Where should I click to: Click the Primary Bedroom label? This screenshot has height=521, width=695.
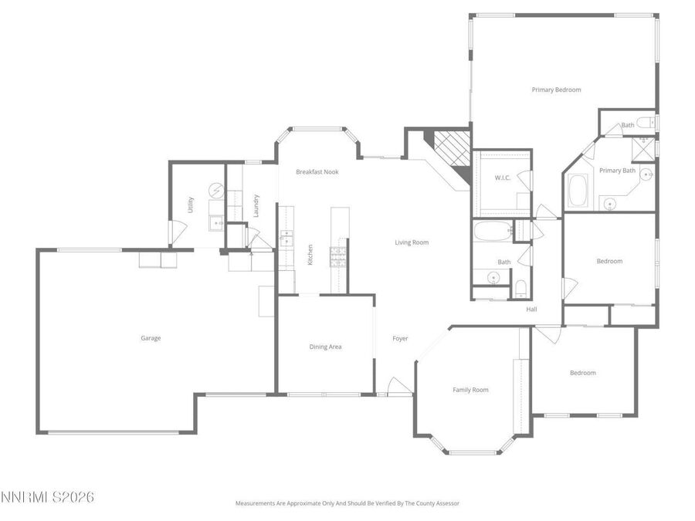point(556,90)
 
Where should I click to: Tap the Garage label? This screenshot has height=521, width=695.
point(151,338)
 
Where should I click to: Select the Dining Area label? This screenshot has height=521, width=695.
point(325,347)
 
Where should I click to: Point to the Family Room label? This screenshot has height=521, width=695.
point(470,390)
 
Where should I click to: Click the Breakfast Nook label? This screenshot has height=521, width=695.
point(317,172)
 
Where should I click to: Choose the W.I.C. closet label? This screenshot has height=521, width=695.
point(503,178)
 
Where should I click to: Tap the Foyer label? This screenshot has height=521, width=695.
point(400,339)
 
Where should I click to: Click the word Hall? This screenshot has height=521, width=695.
point(531,310)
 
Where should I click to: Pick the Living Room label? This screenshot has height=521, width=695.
point(412,242)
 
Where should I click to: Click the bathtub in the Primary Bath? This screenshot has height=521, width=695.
point(578,191)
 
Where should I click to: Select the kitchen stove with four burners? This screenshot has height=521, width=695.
point(337,257)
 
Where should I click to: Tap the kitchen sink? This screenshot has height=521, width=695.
point(286,238)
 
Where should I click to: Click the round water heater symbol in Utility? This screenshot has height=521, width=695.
point(217,191)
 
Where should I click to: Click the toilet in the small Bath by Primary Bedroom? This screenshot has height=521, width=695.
point(645,122)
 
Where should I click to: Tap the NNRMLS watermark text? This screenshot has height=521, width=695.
point(47,497)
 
